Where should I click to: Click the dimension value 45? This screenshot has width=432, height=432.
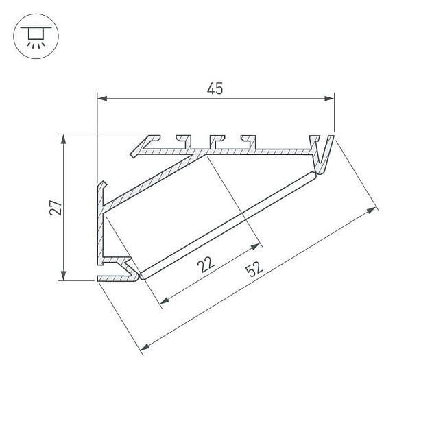(216, 88)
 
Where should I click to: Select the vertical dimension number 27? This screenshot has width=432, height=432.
(58, 208)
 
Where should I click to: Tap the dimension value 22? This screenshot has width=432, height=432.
(206, 263)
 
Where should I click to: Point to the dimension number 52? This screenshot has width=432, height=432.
(254, 269)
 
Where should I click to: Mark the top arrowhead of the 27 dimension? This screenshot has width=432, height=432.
(64, 139)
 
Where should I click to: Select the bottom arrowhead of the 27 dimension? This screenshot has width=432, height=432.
(64, 276)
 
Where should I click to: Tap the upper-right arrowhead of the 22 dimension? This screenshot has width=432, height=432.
(258, 245)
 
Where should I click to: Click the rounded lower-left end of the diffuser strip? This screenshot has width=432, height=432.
(141, 276)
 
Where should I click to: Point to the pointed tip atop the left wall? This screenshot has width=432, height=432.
(103, 184)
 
